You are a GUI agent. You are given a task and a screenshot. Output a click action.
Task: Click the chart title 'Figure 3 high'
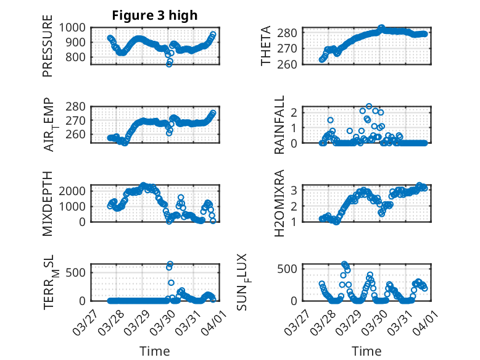154,15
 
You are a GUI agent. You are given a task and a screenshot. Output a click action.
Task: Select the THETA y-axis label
266,46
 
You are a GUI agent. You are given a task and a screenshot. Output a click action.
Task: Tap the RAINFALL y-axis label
279,125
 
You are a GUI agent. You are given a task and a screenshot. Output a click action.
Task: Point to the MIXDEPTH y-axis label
48,203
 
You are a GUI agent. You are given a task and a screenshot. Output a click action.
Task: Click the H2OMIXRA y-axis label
279,203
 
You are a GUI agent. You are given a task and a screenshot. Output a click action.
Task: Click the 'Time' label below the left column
154,351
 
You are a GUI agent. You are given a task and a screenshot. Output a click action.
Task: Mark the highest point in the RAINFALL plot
369,106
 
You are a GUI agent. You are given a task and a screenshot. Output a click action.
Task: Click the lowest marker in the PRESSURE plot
169,64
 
